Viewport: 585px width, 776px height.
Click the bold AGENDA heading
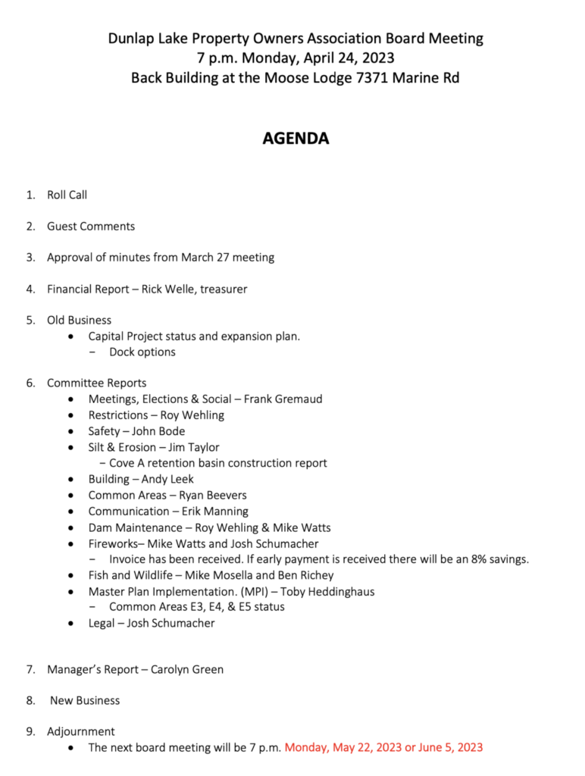pyautogui.click(x=296, y=139)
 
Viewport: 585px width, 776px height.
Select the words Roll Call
pyautogui.click(x=67, y=195)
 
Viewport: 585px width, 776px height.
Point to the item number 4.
pyautogui.click(x=30, y=289)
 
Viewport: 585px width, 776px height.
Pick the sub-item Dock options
pyautogui.click(x=142, y=352)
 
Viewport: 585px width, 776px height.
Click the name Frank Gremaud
pyautogui.click(x=283, y=399)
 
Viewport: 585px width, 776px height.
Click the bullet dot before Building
pyautogui.click(x=71, y=480)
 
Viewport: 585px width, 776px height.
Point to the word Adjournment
pyautogui.click(x=81, y=731)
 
